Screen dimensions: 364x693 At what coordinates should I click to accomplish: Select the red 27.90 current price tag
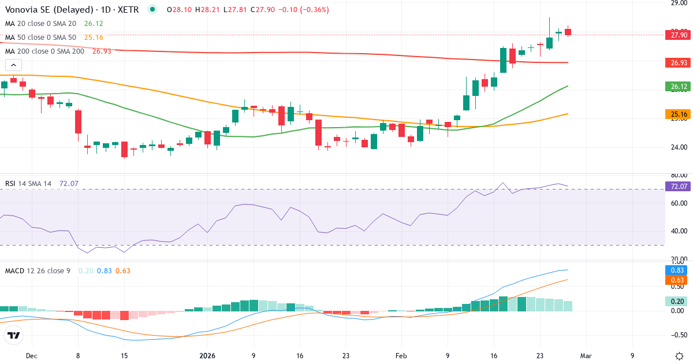[x=679, y=35]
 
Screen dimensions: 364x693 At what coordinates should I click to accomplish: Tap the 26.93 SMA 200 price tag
[x=679, y=62]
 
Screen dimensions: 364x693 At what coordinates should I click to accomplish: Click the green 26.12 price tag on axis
[x=679, y=87]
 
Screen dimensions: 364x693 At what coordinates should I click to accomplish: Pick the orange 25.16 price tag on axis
[x=679, y=114]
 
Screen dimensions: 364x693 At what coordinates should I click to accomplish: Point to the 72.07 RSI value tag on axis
[x=679, y=186]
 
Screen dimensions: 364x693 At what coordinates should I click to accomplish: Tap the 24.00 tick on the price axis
[x=679, y=147]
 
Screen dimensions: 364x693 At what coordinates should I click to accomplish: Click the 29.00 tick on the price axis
[x=679, y=3]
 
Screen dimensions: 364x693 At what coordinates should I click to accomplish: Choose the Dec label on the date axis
[x=32, y=356]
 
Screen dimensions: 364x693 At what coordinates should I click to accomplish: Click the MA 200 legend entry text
[x=44, y=51]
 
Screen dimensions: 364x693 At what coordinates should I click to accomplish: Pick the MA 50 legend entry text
[x=40, y=38]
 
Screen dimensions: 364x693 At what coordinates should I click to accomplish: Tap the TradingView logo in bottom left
[x=13, y=336]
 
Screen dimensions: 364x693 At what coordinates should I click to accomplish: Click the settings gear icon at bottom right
[x=679, y=356]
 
